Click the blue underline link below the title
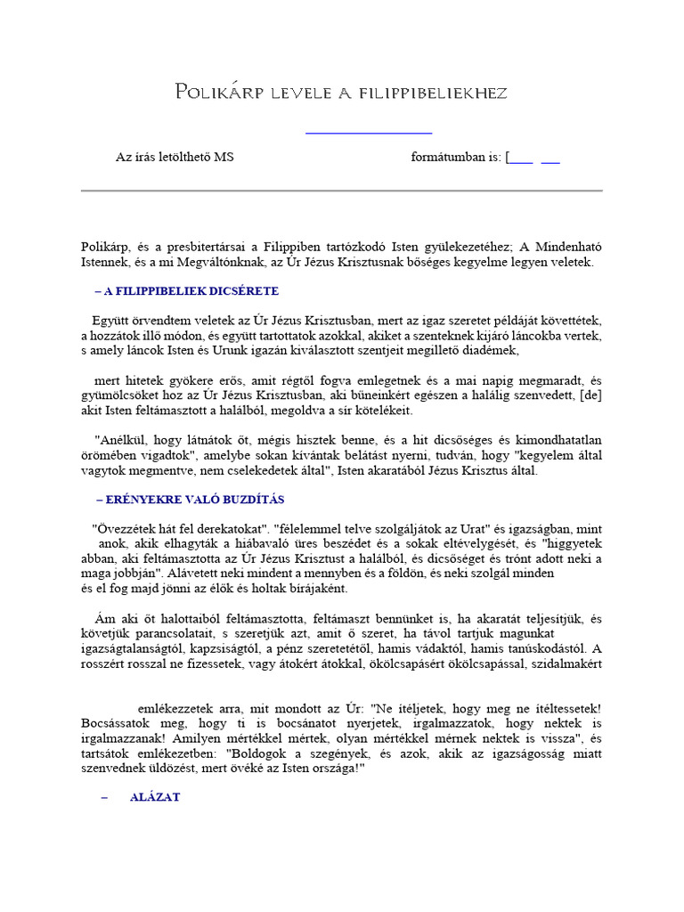click(369, 134)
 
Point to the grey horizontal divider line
click(342, 191)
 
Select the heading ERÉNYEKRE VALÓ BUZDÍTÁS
click(194, 500)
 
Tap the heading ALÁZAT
click(155, 797)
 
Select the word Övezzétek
click(126, 525)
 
